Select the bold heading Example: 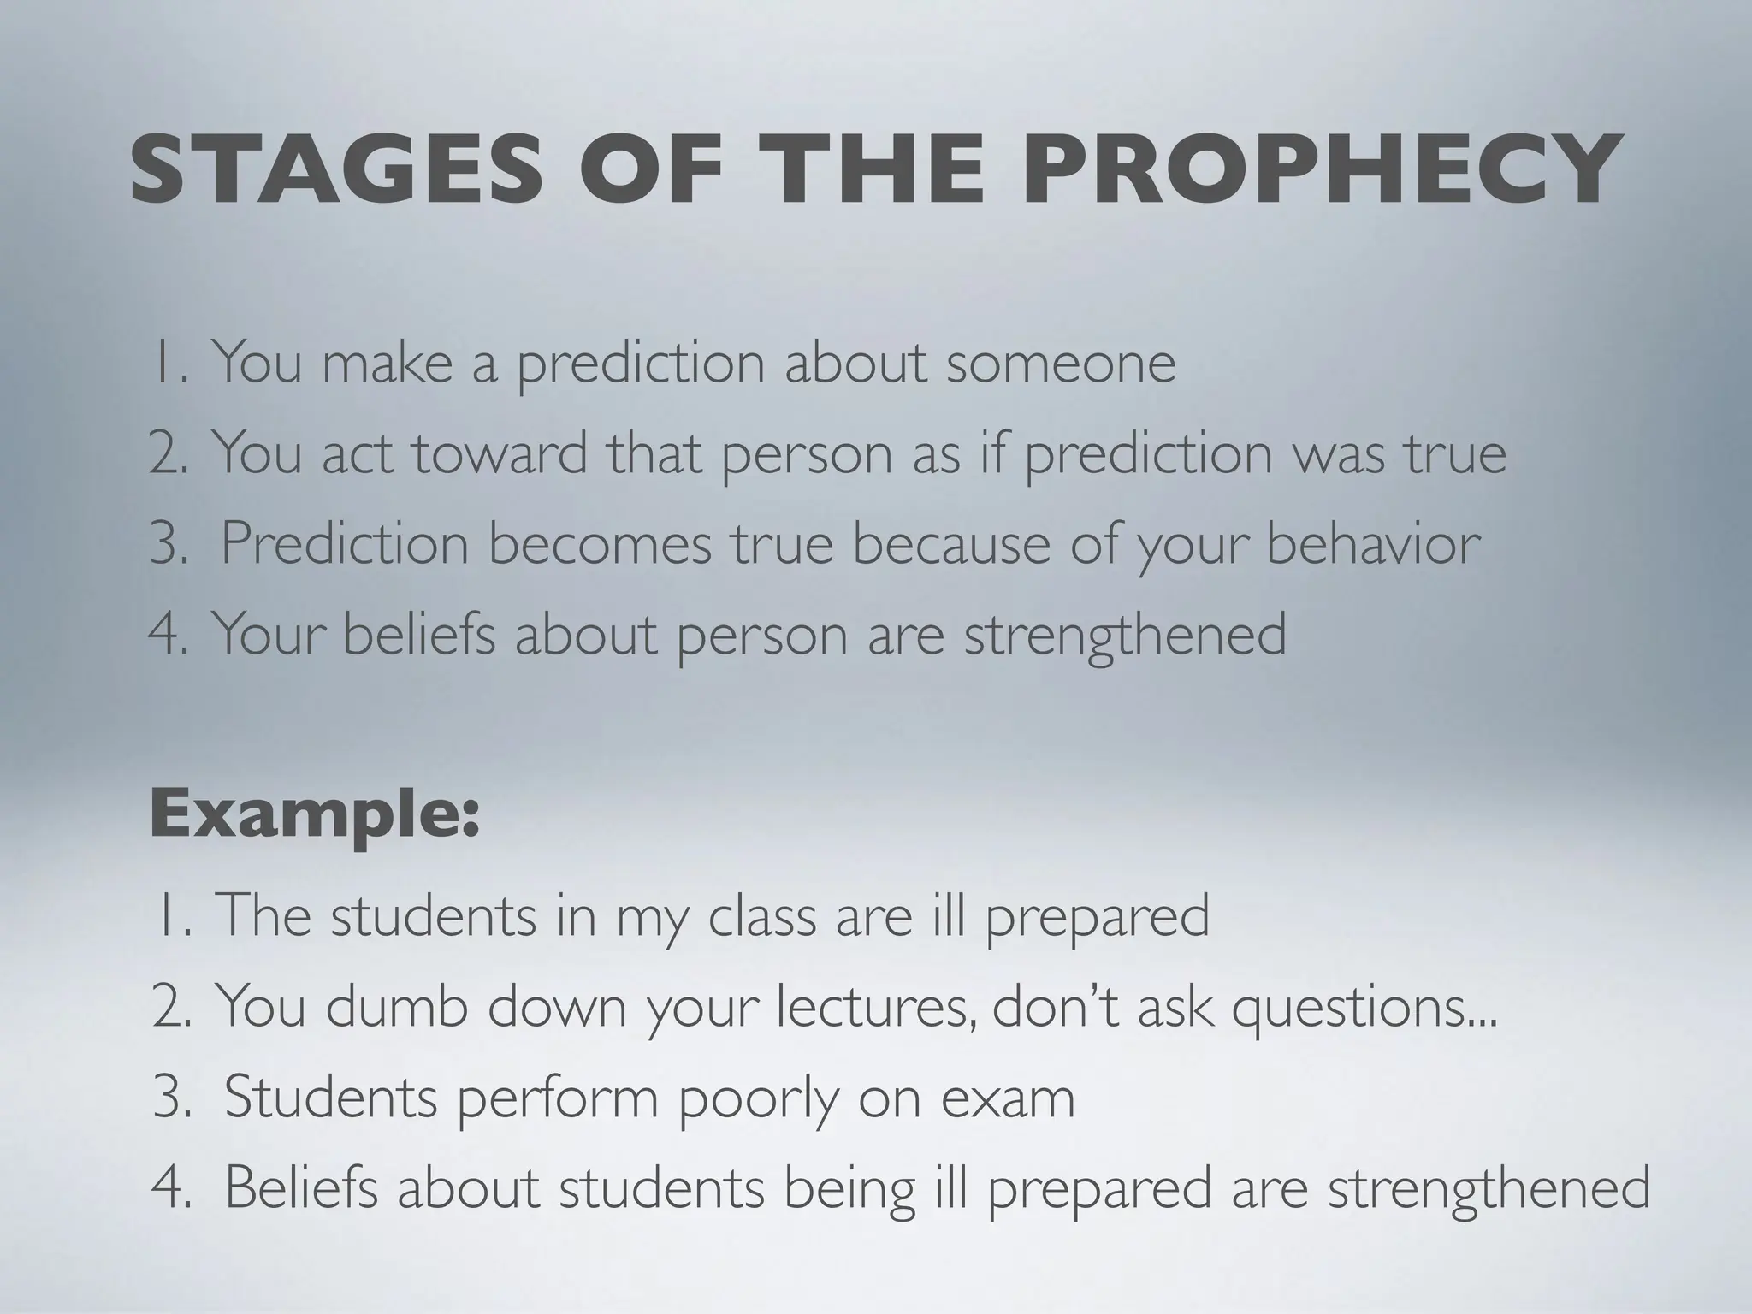(315, 815)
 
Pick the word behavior (1373, 544)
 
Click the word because (951, 544)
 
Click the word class (762, 916)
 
